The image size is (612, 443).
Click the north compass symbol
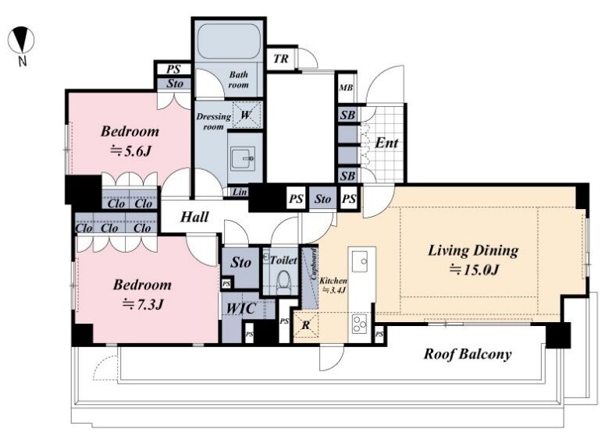pyautogui.click(x=20, y=40)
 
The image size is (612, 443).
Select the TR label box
pyautogui.click(x=281, y=58)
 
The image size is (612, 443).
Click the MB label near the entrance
pyautogui.click(x=346, y=87)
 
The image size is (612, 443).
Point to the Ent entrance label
pyautogui.click(x=386, y=144)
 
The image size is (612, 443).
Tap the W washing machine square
pyautogui.click(x=247, y=115)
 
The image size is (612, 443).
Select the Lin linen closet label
pyautogui.click(x=239, y=192)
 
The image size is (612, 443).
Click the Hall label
pyautogui.click(x=194, y=217)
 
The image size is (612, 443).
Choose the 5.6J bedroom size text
pyautogui.click(x=130, y=151)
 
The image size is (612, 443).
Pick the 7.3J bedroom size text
pyautogui.click(x=142, y=304)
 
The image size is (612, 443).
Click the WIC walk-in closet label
pyautogui.click(x=240, y=309)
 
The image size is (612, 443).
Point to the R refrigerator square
pyautogui.click(x=306, y=324)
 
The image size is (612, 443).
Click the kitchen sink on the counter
pyautogui.click(x=359, y=261)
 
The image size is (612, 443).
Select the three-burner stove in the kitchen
pyautogui.click(x=359, y=323)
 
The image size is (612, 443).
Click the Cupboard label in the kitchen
pyautogui.click(x=313, y=264)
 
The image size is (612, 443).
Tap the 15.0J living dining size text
pyautogui.click(x=474, y=270)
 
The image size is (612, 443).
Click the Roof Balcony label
pyautogui.click(x=468, y=354)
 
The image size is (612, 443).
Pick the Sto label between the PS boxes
pyautogui.click(x=323, y=200)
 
